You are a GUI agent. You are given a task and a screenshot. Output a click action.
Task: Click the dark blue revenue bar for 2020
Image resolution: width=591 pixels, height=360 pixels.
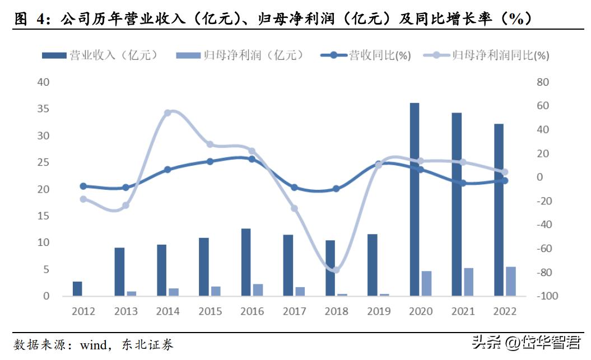pos(415,199)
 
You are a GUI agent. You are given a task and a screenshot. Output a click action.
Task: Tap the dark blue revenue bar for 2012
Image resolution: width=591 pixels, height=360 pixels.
pos(77,288)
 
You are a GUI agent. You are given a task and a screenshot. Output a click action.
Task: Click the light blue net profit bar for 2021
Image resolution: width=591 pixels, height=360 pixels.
pos(468,282)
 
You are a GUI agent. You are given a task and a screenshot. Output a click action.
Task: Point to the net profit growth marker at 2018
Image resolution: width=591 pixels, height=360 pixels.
pos(336,270)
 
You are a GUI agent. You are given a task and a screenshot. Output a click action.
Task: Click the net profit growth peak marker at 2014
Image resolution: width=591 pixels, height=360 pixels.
pos(167,113)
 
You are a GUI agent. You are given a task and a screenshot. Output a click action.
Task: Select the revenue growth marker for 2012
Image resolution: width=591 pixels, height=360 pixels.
pos(83,186)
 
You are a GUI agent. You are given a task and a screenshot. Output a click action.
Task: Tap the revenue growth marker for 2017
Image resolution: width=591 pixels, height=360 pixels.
pos(294,188)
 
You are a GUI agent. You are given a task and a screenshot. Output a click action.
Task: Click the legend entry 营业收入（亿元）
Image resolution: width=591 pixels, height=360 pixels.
pos(101,55)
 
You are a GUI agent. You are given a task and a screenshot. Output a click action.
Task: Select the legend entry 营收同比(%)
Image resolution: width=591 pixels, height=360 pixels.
pos(367,55)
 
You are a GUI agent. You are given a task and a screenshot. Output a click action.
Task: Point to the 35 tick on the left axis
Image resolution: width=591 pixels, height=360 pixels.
pos(44,109)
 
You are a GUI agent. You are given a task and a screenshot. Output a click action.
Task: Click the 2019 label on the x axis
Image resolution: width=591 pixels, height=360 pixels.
pos(378,311)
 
